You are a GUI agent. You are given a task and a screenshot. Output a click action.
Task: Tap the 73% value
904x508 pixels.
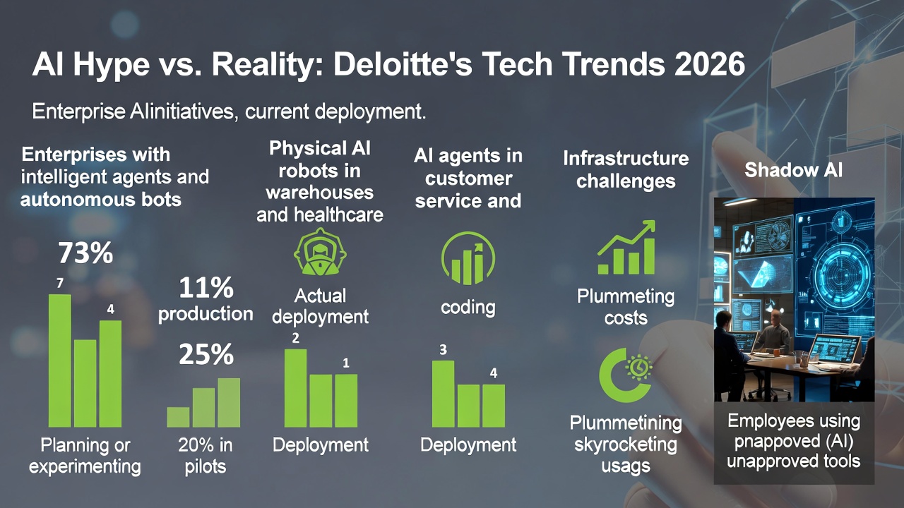85,253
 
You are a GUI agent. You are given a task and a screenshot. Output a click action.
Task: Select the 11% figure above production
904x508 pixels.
205,288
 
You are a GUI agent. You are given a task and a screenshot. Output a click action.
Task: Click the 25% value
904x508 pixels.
206,355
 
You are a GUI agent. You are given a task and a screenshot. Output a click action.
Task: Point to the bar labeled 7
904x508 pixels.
59,360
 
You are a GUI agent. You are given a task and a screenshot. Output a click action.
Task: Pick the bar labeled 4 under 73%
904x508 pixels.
110,373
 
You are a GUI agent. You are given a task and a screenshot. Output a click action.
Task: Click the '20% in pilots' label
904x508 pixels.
206,456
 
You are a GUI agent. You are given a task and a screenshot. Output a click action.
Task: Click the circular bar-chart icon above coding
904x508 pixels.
468,259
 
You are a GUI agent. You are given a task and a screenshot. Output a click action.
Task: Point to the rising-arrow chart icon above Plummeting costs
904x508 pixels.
626,248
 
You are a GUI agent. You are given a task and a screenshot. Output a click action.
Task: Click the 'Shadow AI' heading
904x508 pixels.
793,170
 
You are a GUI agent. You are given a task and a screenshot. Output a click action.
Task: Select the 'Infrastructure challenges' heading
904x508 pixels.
626,170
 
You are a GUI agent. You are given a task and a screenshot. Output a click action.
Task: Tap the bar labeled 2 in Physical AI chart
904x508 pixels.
295,388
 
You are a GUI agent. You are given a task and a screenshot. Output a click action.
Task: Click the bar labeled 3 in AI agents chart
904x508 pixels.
443,394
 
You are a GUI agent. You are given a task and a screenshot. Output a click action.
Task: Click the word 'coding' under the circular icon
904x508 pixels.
468,308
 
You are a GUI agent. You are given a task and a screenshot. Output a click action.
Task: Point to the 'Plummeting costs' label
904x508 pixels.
626,307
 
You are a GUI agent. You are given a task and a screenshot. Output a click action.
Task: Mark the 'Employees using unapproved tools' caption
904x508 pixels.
794,442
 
